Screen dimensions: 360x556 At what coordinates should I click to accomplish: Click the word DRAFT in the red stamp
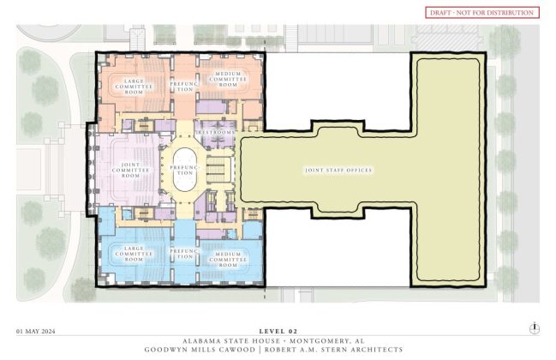click(x=442, y=13)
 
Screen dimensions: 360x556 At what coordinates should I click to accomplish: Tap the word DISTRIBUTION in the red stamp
click(x=511, y=13)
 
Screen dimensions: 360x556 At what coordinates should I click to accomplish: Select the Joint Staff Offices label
click(x=338, y=171)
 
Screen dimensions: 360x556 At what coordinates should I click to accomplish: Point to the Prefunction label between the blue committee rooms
click(x=181, y=255)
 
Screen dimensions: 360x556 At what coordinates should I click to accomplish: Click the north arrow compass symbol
click(x=535, y=328)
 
